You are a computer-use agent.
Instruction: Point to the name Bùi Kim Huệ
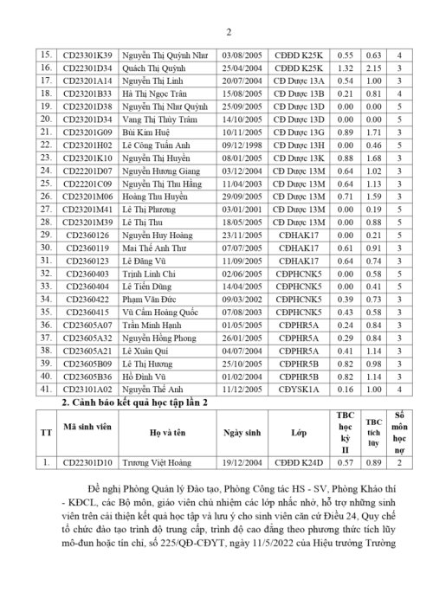tap(145, 132)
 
